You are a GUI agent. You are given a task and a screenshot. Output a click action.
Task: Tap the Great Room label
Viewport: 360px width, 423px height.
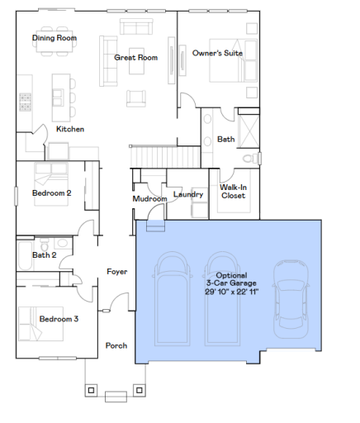tap(135, 58)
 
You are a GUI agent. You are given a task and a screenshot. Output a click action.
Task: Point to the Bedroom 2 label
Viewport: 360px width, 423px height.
tap(52, 193)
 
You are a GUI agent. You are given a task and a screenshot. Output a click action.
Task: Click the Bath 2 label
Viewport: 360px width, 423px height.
tap(44, 255)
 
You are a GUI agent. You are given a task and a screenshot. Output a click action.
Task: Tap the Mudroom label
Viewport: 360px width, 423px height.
tap(149, 199)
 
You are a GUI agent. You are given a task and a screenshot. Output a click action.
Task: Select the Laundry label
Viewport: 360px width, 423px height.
tap(188, 195)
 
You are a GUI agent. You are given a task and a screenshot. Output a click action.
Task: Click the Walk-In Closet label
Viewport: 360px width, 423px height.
tap(233, 192)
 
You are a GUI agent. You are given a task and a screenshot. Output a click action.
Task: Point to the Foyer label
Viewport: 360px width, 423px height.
tap(116, 271)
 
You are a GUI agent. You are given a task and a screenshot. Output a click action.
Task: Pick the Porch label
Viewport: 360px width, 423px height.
tap(116, 345)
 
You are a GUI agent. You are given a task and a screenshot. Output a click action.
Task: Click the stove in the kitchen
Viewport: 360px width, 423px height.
tap(26, 102)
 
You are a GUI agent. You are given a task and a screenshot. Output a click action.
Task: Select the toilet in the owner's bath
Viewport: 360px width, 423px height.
tap(249, 157)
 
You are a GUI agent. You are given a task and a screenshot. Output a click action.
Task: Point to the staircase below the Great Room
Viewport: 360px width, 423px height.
tap(156, 154)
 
